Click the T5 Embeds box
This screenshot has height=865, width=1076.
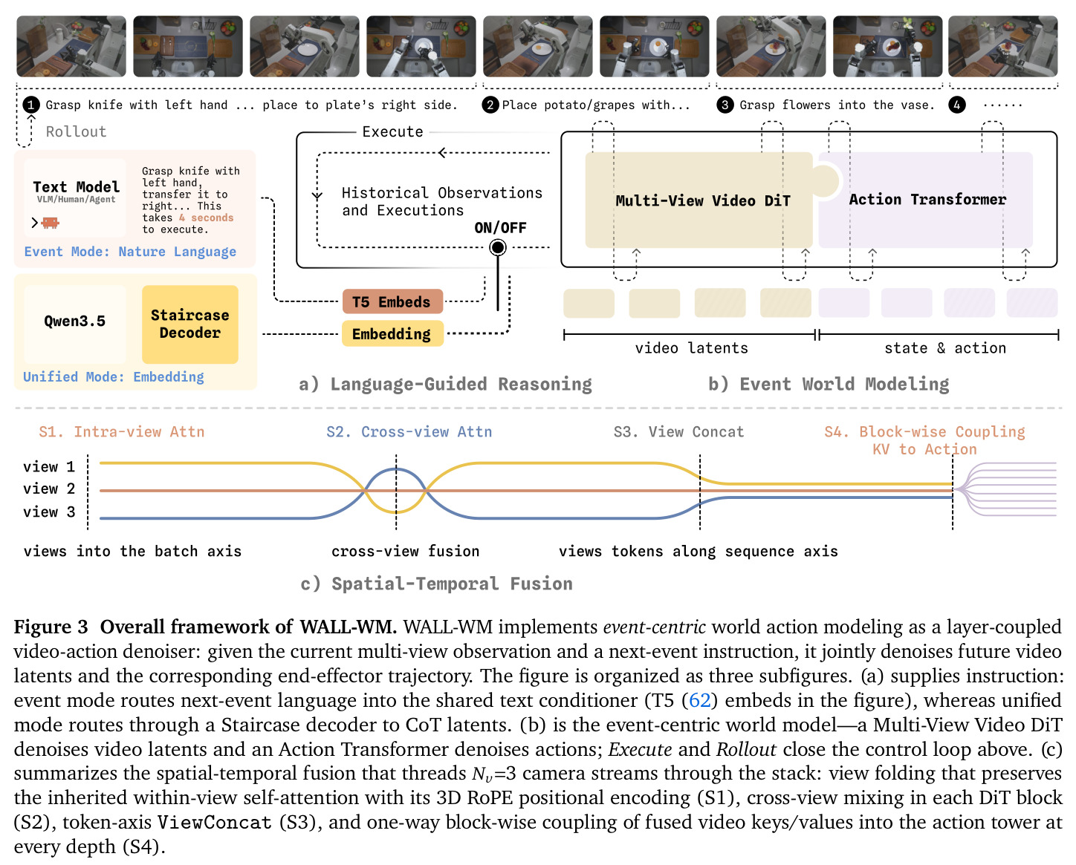[x=392, y=301]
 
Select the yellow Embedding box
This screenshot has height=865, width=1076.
[x=392, y=333]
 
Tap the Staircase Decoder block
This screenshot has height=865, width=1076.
[x=189, y=324]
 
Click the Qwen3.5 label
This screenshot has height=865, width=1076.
[x=74, y=321]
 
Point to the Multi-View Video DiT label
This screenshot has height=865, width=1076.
[x=702, y=200]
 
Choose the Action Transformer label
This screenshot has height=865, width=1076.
[x=927, y=199]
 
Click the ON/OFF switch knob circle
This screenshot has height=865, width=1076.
[x=497, y=247]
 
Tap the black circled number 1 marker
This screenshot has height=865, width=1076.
[x=31, y=105]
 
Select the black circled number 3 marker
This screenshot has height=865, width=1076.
[x=725, y=105]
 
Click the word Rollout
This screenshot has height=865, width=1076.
[x=76, y=131]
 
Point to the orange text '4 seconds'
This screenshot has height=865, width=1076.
[x=206, y=218]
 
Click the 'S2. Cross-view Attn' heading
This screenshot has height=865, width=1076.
[x=409, y=431]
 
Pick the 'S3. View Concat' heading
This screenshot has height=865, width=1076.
[x=678, y=431]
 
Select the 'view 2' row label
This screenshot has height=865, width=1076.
[x=49, y=489]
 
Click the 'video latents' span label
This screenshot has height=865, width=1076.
[x=691, y=347]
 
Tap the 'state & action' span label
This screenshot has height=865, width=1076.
[x=945, y=347]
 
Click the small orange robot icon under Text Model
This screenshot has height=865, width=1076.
[x=50, y=222]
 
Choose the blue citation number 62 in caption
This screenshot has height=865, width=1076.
[x=699, y=700]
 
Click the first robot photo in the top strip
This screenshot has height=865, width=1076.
[x=71, y=46]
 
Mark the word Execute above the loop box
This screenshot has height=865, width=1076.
[x=392, y=131]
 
